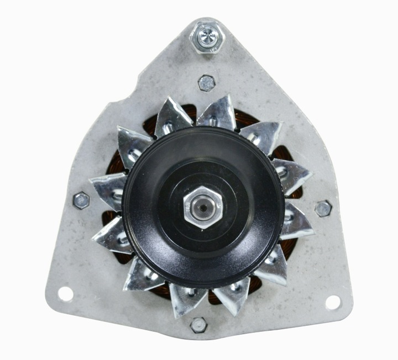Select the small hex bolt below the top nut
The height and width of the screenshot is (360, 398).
206,83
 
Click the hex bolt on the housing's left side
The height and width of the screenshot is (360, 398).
81,200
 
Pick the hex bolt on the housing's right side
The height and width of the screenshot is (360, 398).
323,208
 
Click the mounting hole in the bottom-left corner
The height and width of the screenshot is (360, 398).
65,294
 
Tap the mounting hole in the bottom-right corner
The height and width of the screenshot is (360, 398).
333,302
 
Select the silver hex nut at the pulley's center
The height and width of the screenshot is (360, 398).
203,209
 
